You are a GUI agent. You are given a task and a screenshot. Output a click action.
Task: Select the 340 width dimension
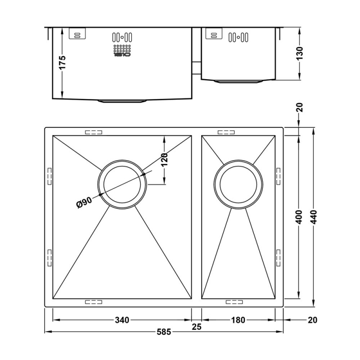click(x=122, y=320)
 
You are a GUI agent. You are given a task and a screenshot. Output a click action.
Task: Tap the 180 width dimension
click(x=238, y=320)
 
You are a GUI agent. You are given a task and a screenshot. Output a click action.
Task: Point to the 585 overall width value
click(x=164, y=333)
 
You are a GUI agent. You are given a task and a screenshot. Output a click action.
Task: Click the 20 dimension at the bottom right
click(x=313, y=320)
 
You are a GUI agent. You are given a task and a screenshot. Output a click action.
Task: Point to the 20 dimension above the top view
click(x=300, y=108)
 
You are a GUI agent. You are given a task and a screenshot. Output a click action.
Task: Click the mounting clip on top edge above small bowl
click(x=226, y=132)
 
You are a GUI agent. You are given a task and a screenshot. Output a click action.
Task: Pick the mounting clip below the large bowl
click(x=94, y=302)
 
